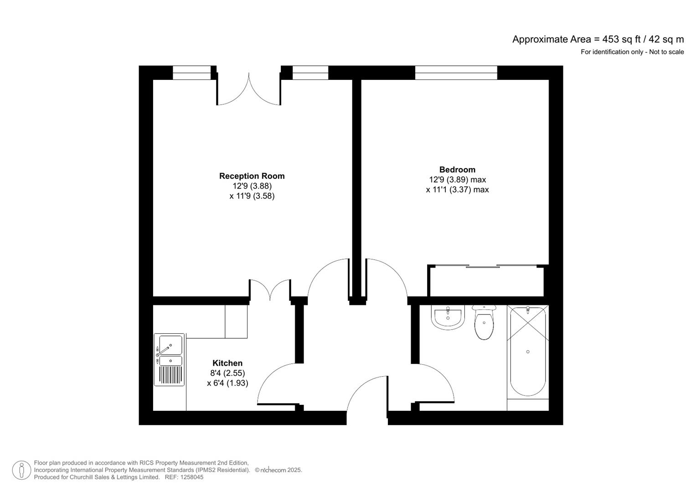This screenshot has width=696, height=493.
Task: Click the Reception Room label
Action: tap(252, 176)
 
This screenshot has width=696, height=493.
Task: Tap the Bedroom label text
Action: tap(457, 169)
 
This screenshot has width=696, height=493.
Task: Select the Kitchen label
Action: tap(227, 363)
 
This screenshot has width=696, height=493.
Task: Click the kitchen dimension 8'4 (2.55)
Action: tap(227, 373)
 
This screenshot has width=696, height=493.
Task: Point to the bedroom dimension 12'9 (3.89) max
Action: tap(457, 179)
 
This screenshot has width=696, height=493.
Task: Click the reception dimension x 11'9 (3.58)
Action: tap(252, 196)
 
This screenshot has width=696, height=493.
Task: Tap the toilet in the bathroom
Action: tap(484, 323)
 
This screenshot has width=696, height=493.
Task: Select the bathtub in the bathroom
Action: tap(527, 351)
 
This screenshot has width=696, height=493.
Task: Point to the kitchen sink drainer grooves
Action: tap(170, 375)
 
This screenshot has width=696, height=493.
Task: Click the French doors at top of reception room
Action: tap(248, 89)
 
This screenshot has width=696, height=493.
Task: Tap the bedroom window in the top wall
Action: tap(456, 73)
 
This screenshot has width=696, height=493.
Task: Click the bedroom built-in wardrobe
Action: tap(485, 281)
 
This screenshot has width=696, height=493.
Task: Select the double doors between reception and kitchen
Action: tap(270, 290)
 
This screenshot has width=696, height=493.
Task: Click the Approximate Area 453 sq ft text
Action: tap(598, 39)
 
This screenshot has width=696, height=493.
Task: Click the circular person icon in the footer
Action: tap(21, 470)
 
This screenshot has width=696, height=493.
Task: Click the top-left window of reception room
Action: tap(191, 73)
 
